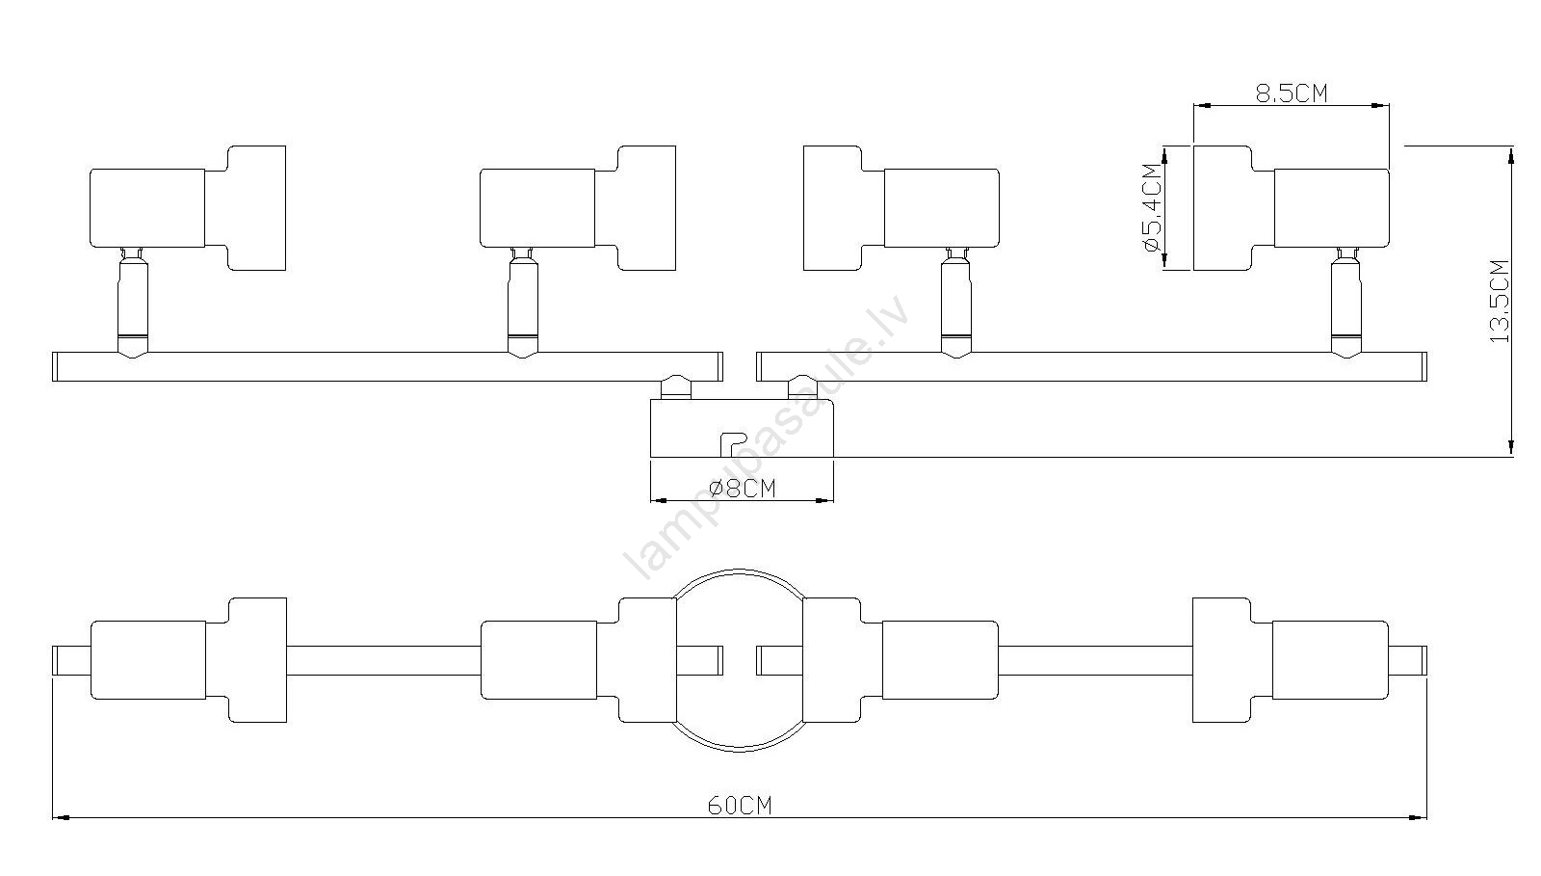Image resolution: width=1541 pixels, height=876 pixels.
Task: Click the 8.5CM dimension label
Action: tap(1292, 93)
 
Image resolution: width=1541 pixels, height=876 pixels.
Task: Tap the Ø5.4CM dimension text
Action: tap(1151, 207)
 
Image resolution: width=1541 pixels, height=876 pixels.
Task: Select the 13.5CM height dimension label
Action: tap(1499, 301)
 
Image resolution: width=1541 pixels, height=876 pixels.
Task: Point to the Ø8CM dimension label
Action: tap(742, 488)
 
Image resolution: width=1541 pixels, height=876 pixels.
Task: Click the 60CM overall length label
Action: tap(740, 805)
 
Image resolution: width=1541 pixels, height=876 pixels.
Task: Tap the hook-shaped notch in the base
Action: tap(733, 444)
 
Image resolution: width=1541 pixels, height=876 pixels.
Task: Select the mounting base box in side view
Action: tap(742, 427)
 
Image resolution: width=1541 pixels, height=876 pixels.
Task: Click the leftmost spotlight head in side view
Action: tap(188, 208)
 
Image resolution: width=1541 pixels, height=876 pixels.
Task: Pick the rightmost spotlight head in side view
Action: tap(1291, 208)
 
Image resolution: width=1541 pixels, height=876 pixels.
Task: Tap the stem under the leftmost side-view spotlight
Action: tap(133, 304)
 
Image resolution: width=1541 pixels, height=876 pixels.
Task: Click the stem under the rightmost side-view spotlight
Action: tap(1345, 304)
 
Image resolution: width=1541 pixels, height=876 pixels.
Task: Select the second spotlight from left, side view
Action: tap(578, 208)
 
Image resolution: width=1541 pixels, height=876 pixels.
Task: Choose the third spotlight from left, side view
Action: tap(901, 208)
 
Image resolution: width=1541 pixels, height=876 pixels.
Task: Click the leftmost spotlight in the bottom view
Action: tap(188, 660)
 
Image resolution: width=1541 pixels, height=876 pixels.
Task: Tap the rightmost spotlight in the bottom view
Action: tap(1291, 660)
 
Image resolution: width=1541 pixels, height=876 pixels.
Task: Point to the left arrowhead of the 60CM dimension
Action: tap(62, 818)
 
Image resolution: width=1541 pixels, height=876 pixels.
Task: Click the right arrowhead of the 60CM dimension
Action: tap(1417, 818)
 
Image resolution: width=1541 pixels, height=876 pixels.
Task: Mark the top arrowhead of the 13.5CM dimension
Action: tap(1511, 155)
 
